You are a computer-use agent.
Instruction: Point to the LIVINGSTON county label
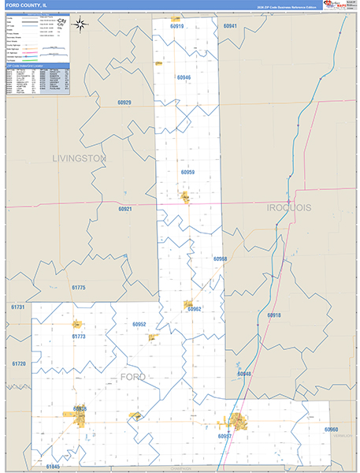coord(79,158)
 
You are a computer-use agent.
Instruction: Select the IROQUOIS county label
coord(289,207)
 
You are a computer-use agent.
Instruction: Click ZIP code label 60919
coord(176,27)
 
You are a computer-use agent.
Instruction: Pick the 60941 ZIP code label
coord(229,26)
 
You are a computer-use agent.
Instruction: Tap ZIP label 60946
coord(184,77)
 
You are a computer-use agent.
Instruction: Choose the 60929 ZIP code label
coord(124,102)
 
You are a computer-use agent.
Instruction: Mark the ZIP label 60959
coord(187,172)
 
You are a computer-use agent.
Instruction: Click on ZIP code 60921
coord(125,209)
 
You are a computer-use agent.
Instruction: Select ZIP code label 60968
coord(220,259)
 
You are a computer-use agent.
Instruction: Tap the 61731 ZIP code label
coord(19,307)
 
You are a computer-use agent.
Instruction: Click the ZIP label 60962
coord(195,309)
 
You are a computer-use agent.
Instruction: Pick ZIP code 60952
coord(139,324)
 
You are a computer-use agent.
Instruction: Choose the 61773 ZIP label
coord(79,337)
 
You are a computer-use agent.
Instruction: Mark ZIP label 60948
coord(243,374)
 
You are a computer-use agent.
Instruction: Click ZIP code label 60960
coord(331,430)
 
